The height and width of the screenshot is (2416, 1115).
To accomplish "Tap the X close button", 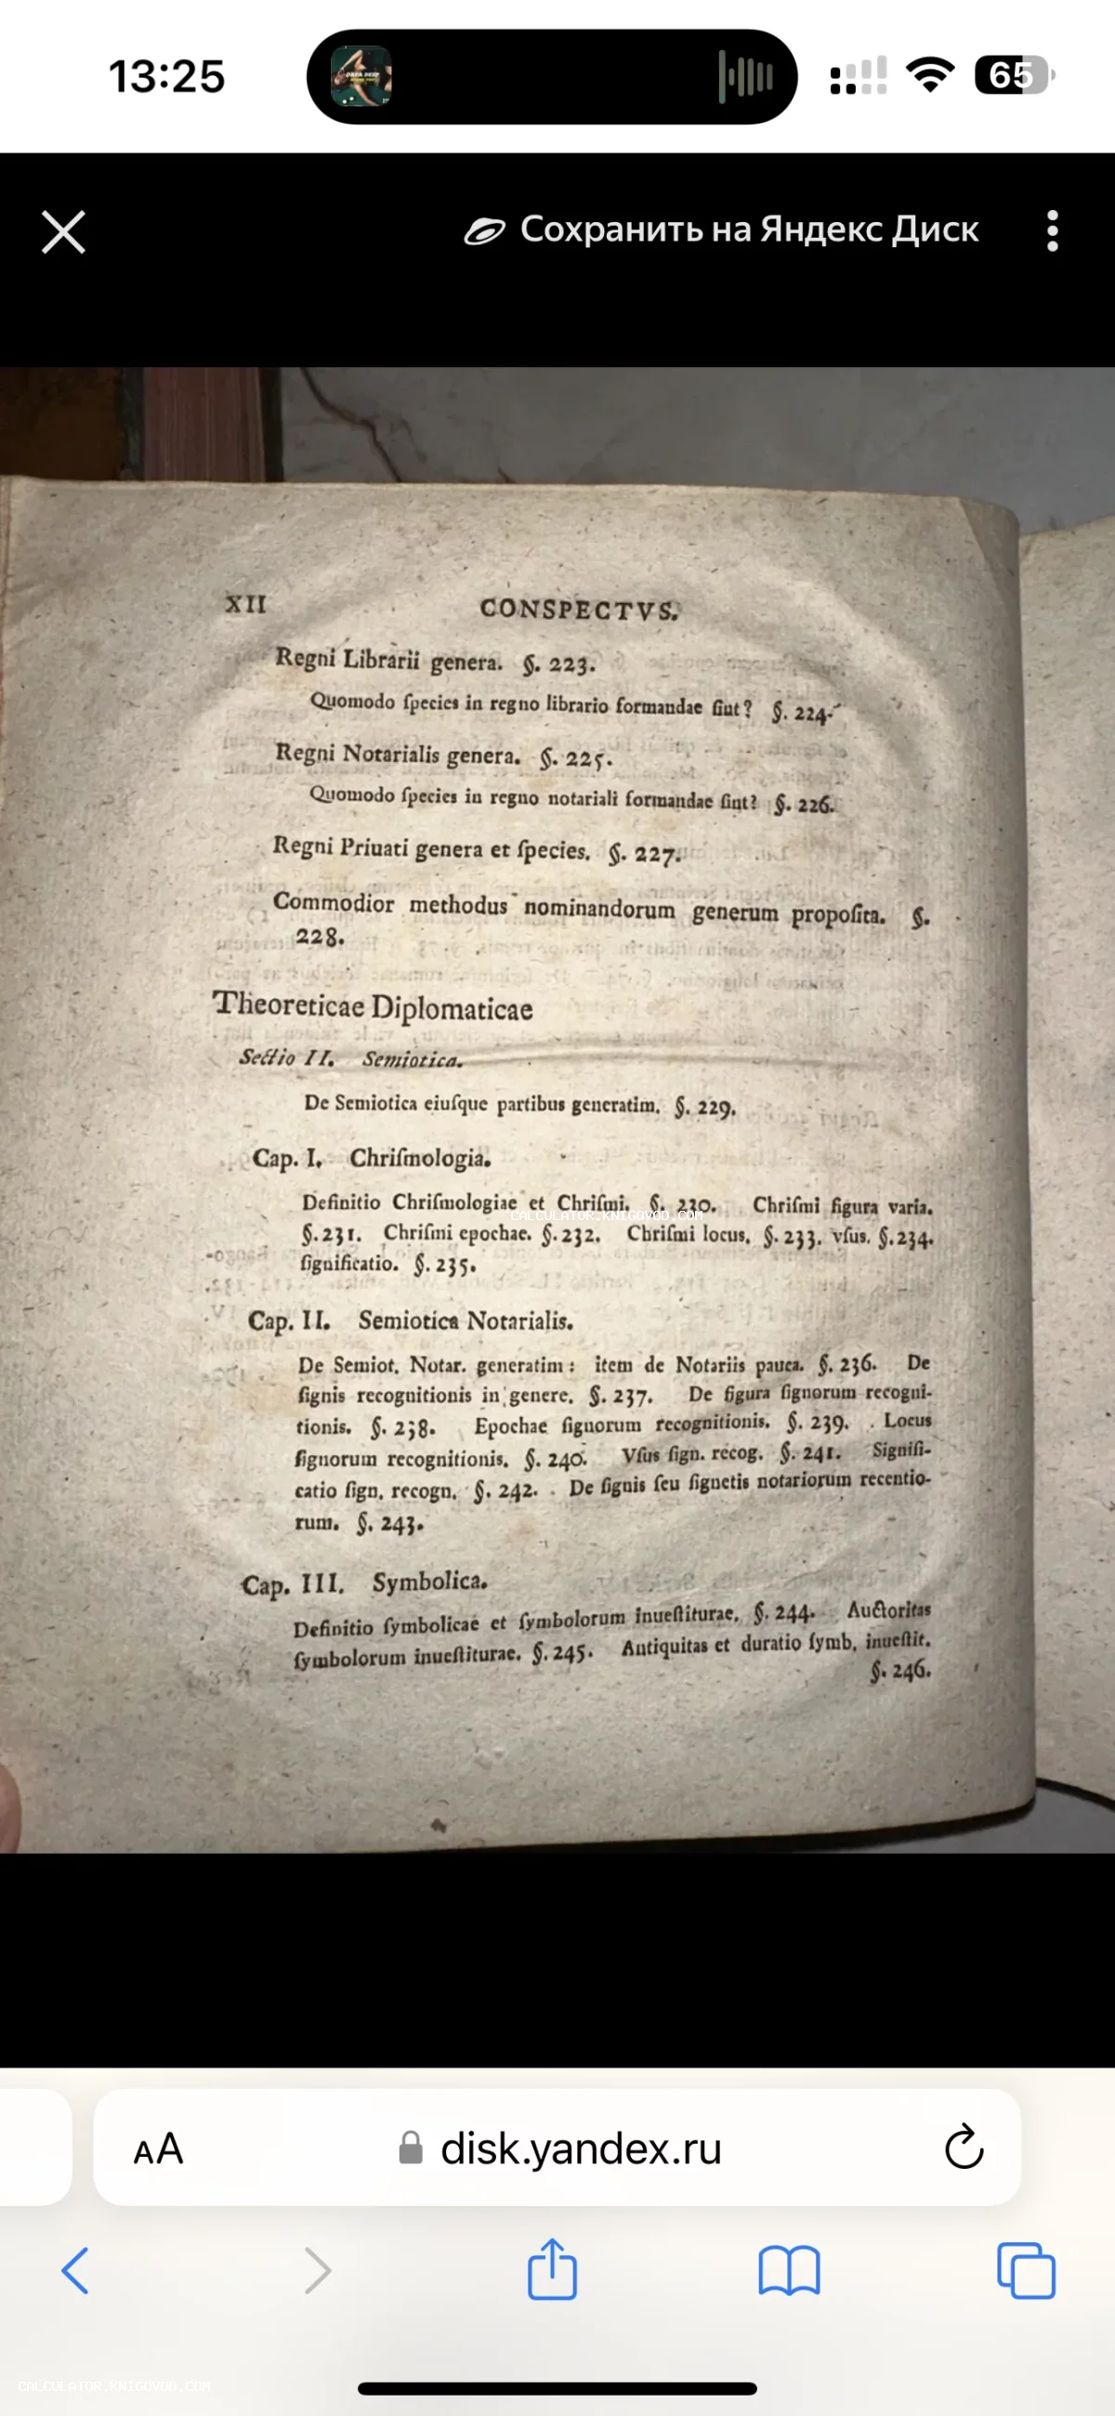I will point(64,231).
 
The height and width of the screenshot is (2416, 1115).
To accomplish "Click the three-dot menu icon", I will point(1052,230).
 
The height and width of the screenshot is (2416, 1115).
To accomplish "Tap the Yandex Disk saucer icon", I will point(485,230).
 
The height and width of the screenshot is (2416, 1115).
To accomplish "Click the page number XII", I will point(245,604).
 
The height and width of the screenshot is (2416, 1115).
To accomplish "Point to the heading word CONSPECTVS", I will point(579,610).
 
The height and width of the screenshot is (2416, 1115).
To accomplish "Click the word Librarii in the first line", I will point(381,660).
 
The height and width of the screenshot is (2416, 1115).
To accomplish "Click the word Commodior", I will point(333,902).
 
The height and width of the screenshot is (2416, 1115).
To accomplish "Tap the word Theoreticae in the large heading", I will point(288,1004).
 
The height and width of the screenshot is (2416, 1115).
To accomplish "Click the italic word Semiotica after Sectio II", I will point(412,1060).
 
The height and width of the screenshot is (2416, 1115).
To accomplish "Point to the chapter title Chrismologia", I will point(419,1159).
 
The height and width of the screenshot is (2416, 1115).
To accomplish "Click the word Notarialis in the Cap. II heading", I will point(519,1321).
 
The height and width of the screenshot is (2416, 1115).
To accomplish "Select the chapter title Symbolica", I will point(429,1582).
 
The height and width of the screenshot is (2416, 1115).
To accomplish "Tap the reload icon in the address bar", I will point(964,2147).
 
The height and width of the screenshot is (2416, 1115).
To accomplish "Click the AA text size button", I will point(158,2148).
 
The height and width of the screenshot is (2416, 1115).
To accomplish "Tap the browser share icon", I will point(551,2270).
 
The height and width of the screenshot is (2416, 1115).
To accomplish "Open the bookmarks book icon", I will point(789,2271).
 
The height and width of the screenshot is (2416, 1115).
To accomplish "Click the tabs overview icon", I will point(1026,2271).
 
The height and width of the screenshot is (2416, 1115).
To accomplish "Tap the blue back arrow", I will point(75,2271).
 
